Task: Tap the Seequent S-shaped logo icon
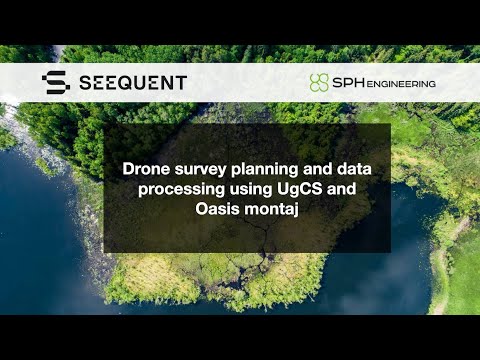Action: (55, 82)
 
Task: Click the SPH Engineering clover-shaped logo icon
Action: (318, 82)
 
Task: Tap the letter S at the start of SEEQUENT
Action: (83, 82)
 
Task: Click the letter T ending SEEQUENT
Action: (180, 82)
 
